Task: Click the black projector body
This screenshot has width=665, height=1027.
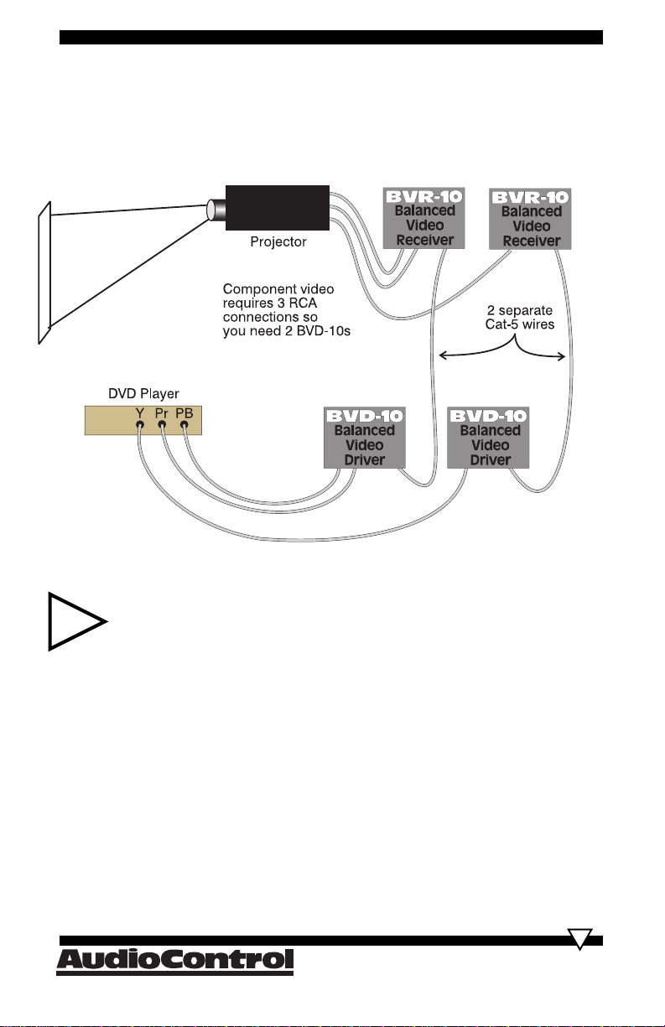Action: pos(277,208)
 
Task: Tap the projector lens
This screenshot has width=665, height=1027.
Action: pos(216,210)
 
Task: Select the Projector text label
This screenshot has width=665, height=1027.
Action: pos(278,241)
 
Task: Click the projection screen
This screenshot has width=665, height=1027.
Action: pos(44,272)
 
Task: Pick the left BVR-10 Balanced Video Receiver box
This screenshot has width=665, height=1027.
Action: pos(423,218)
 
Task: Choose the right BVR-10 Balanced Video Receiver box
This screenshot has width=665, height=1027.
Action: pos(530,219)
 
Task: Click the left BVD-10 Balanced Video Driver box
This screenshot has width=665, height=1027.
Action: pos(365,438)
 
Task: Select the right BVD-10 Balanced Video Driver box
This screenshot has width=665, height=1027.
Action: pos(488,438)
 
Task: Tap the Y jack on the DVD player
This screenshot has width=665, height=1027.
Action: pos(140,424)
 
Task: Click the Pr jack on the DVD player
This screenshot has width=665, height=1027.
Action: pos(162,424)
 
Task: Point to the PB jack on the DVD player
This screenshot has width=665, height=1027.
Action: pos(184,424)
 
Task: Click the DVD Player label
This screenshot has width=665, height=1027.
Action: pos(143,393)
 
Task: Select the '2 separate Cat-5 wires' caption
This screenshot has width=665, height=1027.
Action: pos(520,317)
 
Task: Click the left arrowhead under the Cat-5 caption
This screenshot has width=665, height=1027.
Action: pos(442,355)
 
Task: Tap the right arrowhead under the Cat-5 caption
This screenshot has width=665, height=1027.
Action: pos(562,356)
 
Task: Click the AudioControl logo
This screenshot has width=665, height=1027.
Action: pos(174,962)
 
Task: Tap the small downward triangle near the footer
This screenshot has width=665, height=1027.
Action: pos(579,939)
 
